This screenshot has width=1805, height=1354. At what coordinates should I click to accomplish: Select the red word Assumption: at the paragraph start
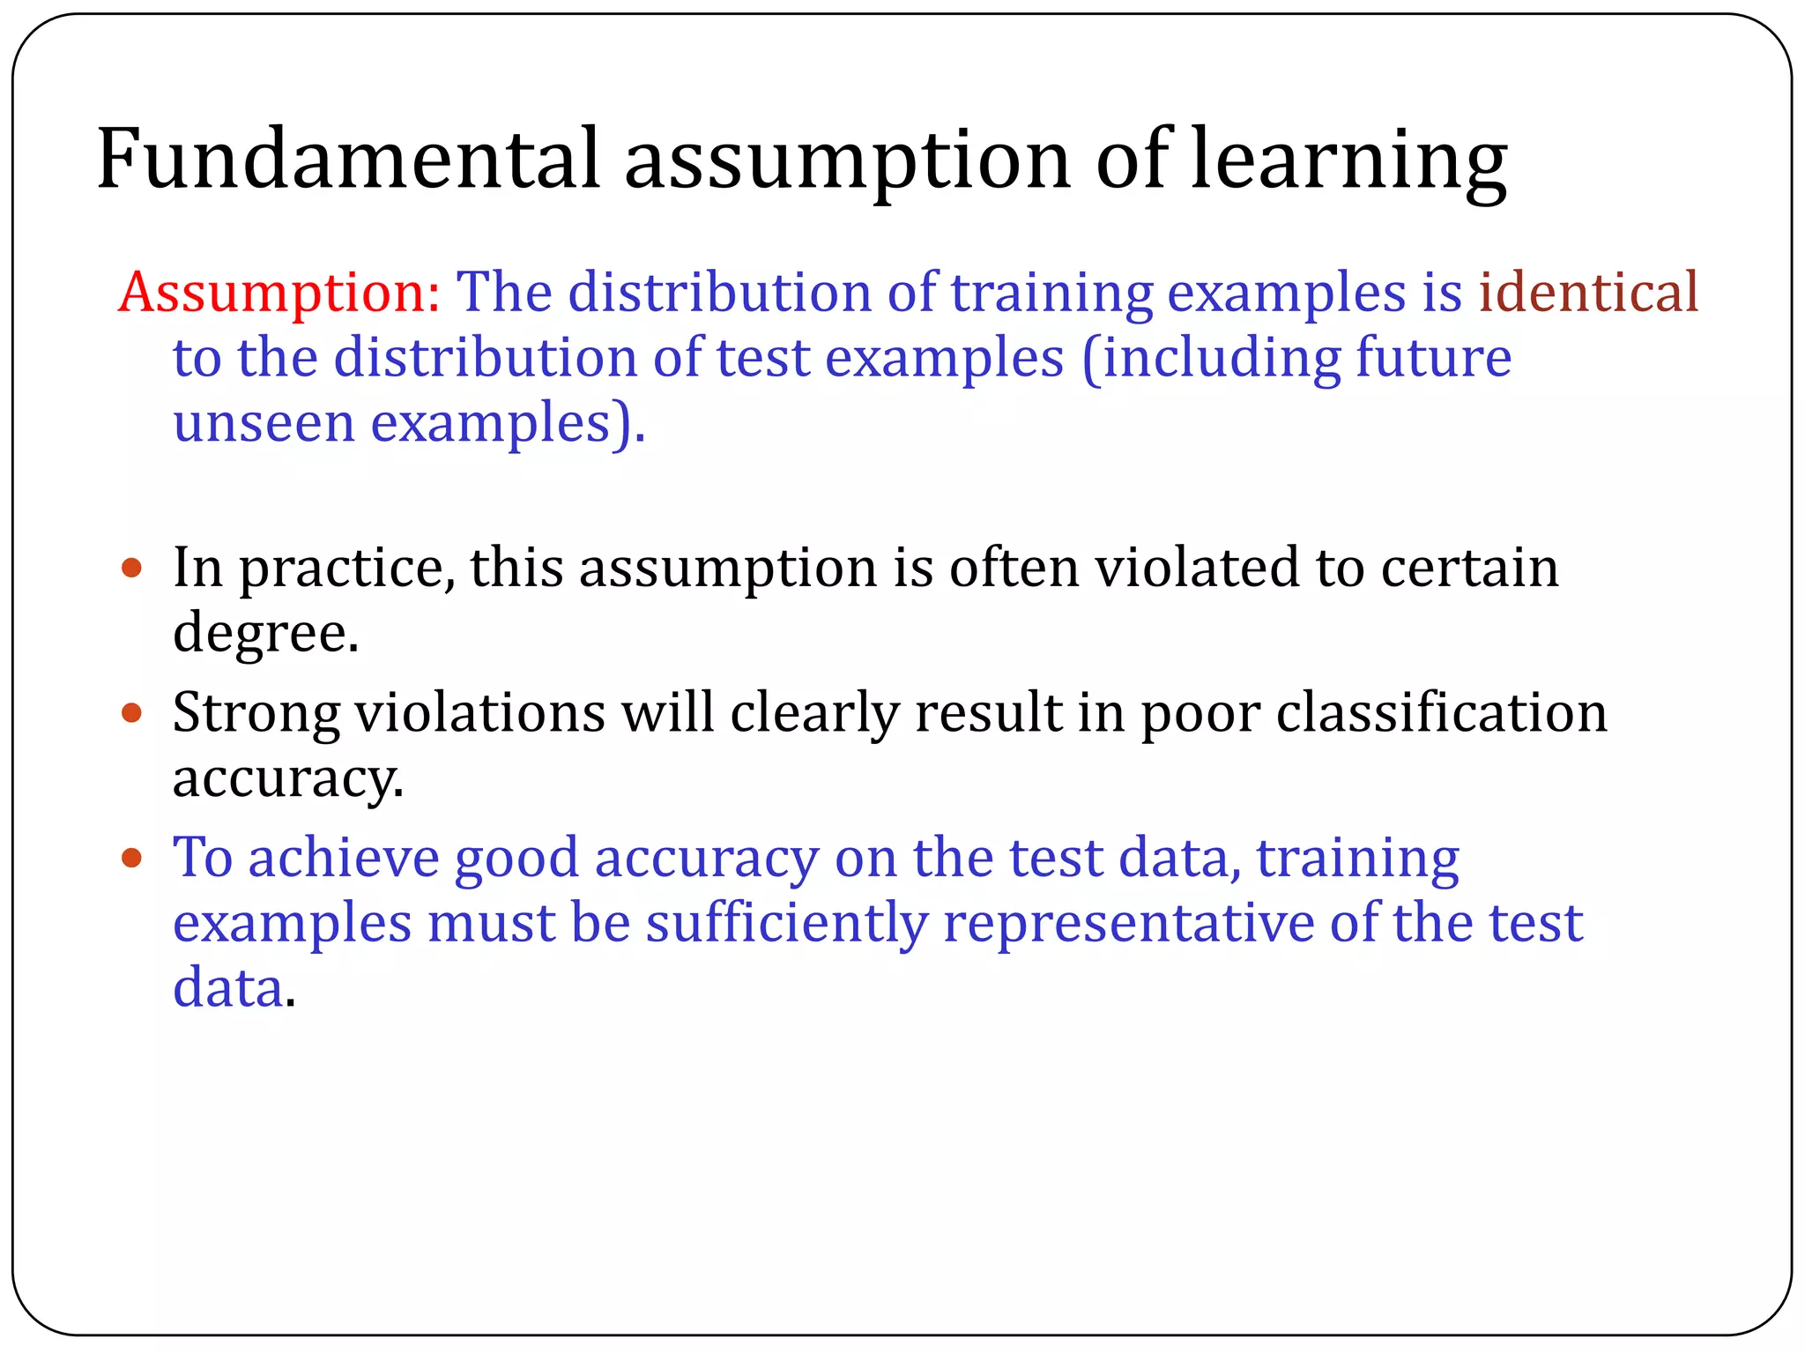pyautogui.click(x=279, y=292)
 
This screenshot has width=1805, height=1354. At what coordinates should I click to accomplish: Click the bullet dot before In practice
pyautogui.click(x=131, y=568)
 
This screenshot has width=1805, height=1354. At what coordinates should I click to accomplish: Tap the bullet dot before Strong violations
pyautogui.click(x=131, y=712)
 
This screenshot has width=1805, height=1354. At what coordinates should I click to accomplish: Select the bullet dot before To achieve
pyautogui.click(x=131, y=857)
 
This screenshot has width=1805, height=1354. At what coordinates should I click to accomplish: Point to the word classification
pyautogui.click(x=1442, y=712)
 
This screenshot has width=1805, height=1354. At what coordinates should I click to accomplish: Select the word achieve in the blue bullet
pyautogui.click(x=344, y=857)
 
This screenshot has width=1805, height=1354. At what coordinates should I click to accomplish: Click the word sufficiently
pyautogui.click(x=787, y=924)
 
